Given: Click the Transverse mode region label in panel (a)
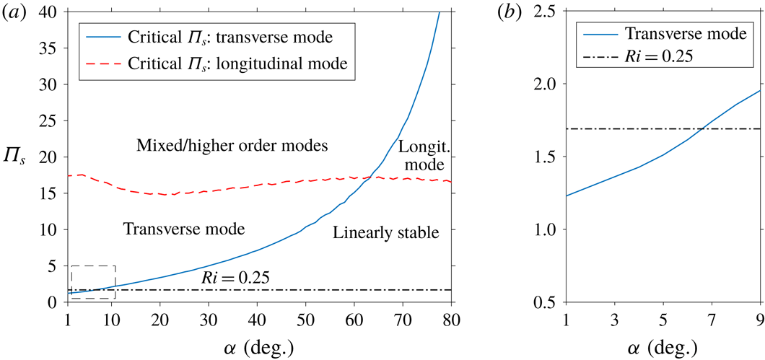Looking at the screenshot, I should [x=184, y=229].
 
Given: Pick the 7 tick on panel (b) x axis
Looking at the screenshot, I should [x=712, y=319].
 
